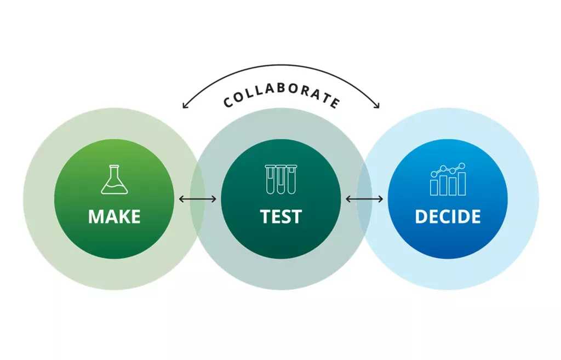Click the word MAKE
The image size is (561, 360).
pos(114,216)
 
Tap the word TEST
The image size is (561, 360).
pos(281,216)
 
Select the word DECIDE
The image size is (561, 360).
pos(448,216)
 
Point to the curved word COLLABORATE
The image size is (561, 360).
pos(281,94)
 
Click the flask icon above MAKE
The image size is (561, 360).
pos(114,179)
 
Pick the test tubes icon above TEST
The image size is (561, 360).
pos(281,179)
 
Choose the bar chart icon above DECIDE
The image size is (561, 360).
pos(448,179)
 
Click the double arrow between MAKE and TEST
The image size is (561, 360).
pos(197,199)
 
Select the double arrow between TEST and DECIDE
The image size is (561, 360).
pos(364,199)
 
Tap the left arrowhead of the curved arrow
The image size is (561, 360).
pos(184,106)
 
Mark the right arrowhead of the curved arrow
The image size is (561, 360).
pos(377,106)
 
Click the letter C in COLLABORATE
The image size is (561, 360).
pos(228,102)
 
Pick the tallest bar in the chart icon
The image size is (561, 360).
pos(462,184)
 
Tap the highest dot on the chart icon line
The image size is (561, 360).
pos(462,166)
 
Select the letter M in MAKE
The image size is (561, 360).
pos(95,217)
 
